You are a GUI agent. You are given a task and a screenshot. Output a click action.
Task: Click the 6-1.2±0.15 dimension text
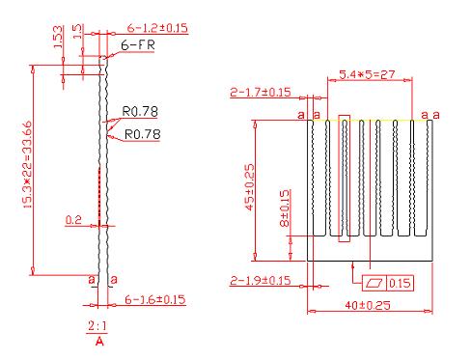pyautogui.click(x=157, y=28)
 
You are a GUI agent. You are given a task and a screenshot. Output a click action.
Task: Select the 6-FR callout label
pyautogui.click(x=138, y=45)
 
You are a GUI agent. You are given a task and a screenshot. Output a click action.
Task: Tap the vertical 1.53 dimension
pyautogui.click(x=58, y=38)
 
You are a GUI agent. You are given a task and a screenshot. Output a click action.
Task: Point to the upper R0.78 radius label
pyautogui.click(x=140, y=112)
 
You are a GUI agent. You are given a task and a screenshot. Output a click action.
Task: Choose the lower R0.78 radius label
pyautogui.click(x=142, y=134)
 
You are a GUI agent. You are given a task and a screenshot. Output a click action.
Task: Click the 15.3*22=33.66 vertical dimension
pyautogui.click(x=27, y=164)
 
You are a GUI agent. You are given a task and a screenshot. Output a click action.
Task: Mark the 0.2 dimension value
pyautogui.click(x=73, y=220)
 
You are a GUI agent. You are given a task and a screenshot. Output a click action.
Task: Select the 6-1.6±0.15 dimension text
pyautogui.click(x=155, y=299)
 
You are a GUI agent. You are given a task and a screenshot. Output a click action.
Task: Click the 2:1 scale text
pyautogui.click(x=97, y=326)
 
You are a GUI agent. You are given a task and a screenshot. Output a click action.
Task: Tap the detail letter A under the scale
pyautogui.click(x=99, y=341)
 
